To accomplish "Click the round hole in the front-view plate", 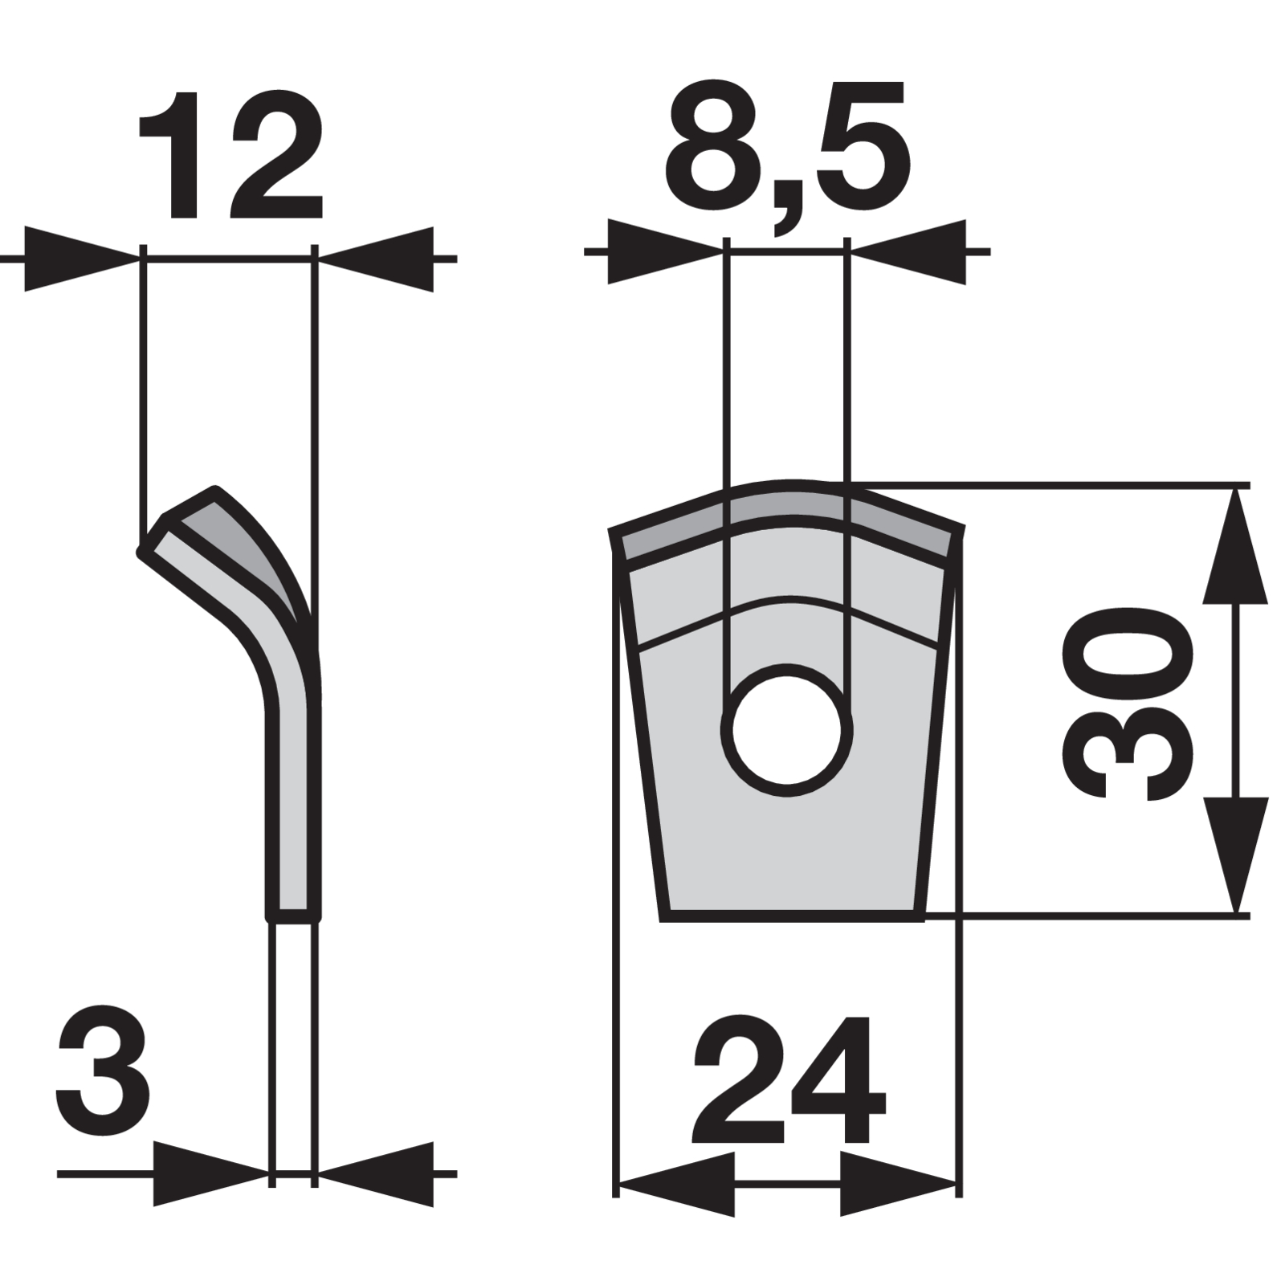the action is [x=787, y=730].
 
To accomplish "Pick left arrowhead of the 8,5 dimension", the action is [x=666, y=251].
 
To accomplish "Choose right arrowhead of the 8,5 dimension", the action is [x=907, y=251].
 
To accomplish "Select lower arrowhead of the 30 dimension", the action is [x=1235, y=855].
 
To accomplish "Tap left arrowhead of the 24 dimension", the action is [x=676, y=1183].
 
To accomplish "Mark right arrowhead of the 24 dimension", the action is [x=898, y=1183].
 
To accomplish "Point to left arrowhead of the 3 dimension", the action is [x=211, y=1173].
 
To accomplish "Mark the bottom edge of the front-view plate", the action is [x=791, y=916].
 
